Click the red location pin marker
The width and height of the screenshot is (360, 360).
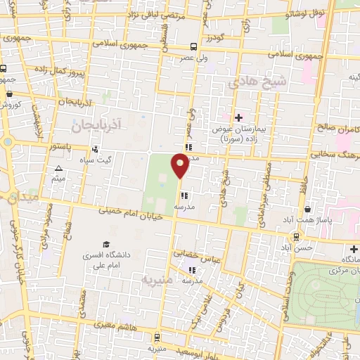[180, 166]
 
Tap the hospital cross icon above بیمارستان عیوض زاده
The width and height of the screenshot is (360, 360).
[238, 117]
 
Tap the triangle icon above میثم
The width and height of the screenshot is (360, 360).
[58, 169]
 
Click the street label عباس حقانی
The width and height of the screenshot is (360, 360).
[204, 258]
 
